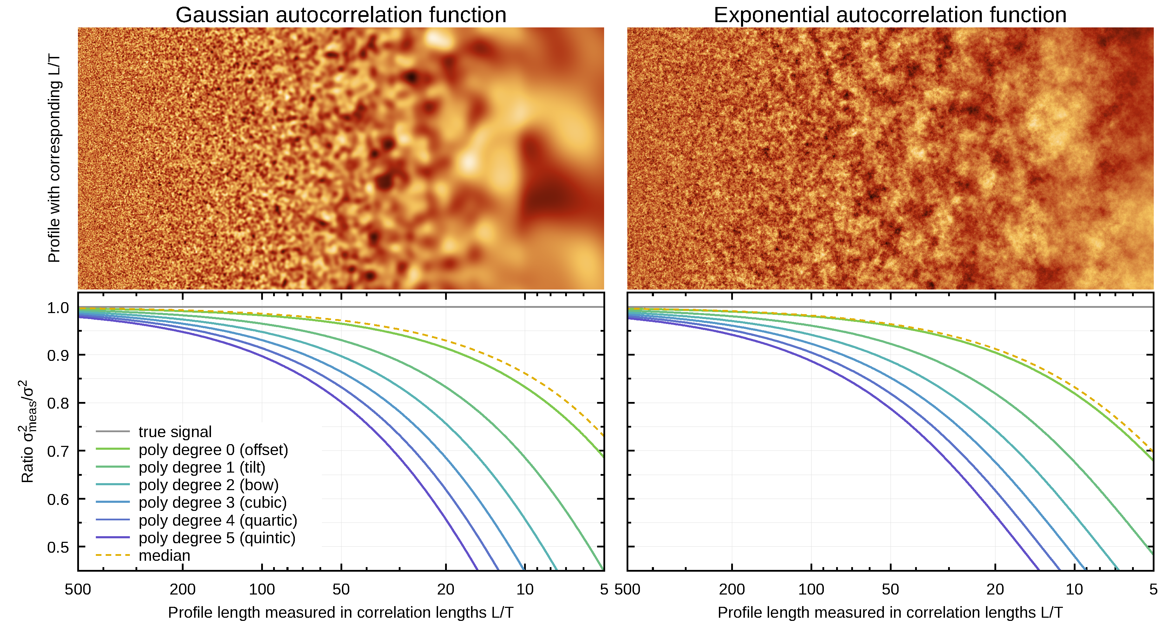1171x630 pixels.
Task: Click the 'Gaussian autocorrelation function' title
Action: (x=341, y=15)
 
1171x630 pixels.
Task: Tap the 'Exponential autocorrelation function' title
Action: (x=889, y=15)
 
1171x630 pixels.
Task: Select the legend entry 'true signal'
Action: (x=175, y=432)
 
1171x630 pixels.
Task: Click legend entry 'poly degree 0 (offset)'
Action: (x=213, y=449)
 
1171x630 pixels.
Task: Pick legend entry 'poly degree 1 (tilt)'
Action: (x=202, y=467)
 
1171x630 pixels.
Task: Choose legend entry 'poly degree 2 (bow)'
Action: (x=208, y=485)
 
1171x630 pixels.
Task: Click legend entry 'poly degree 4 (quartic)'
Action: (x=218, y=520)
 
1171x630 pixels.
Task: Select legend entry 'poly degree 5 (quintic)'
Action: (x=217, y=538)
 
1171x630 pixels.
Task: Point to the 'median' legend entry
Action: (x=164, y=556)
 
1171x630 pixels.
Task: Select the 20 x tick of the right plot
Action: (x=995, y=590)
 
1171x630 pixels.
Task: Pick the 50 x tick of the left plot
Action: (x=341, y=590)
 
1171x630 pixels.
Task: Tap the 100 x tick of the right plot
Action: (x=811, y=590)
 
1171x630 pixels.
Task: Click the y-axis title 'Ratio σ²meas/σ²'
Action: (x=27, y=431)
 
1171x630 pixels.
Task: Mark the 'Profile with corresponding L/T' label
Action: (x=54, y=158)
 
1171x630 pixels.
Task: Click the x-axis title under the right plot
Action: (x=889, y=613)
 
